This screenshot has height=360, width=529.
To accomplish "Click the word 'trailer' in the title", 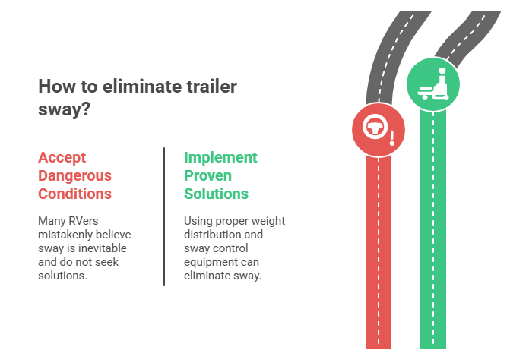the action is [x=207, y=87].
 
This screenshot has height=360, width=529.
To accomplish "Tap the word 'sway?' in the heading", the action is [x=65, y=109].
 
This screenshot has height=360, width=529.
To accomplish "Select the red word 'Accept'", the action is [x=62, y=158].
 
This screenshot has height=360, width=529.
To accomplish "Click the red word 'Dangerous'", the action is [x=75, y=175].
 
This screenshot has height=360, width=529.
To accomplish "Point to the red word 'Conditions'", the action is [x=75, y=194].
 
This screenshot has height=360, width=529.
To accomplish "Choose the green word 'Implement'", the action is [x=220, y=158].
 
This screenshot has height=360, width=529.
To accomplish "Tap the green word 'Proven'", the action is [x=207, y=175].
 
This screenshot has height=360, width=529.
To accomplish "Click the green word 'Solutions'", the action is [x=217, y=194].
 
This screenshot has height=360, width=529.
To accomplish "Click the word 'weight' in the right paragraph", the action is [x=268, y=221].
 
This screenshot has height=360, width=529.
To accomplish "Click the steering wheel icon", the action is [x=374, y=127].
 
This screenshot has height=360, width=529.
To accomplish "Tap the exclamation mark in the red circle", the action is [x=392, y=138].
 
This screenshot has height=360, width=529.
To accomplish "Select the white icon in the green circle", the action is [x=433, y=84].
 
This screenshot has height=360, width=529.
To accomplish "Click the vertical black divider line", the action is [x=164, y=216].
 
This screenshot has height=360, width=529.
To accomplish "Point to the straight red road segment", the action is [x=379, y=252].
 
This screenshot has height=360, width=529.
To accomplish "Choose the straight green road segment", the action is [x=433, y=229].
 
